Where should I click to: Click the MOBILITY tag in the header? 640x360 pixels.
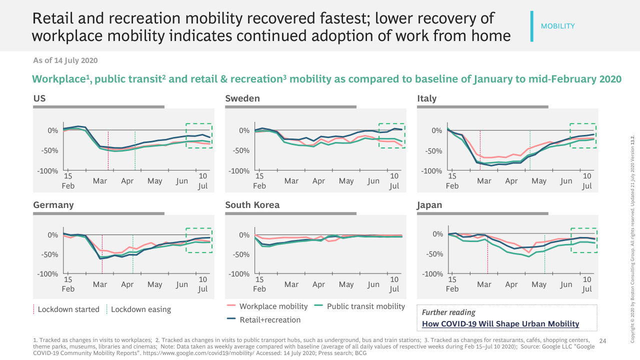tap(557, 26)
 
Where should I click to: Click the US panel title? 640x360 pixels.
tap(39, 98)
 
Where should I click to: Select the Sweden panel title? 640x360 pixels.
tap(242, 98)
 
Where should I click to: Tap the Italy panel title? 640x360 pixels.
tap(427, 98)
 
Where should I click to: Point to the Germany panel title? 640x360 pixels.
tap(53, 205)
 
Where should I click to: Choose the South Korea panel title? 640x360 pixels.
tap(252, 205)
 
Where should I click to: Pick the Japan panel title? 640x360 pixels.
tap(429, 205)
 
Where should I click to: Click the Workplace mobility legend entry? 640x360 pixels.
tap(273, 306)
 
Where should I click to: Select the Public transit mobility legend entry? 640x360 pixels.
tap(365, 306)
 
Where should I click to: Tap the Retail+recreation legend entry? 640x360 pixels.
tap(270, 320)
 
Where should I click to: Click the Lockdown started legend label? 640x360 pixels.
tap(68, 309)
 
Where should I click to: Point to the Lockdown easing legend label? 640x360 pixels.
tap(141, 309)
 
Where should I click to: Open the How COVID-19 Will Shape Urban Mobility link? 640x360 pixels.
tap(500, 324)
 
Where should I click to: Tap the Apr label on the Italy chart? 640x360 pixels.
tap(511, 181)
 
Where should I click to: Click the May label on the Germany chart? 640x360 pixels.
tap(155, 284)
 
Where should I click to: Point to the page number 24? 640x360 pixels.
tap(602, 341)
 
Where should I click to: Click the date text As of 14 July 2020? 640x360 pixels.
tap(65, 60)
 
